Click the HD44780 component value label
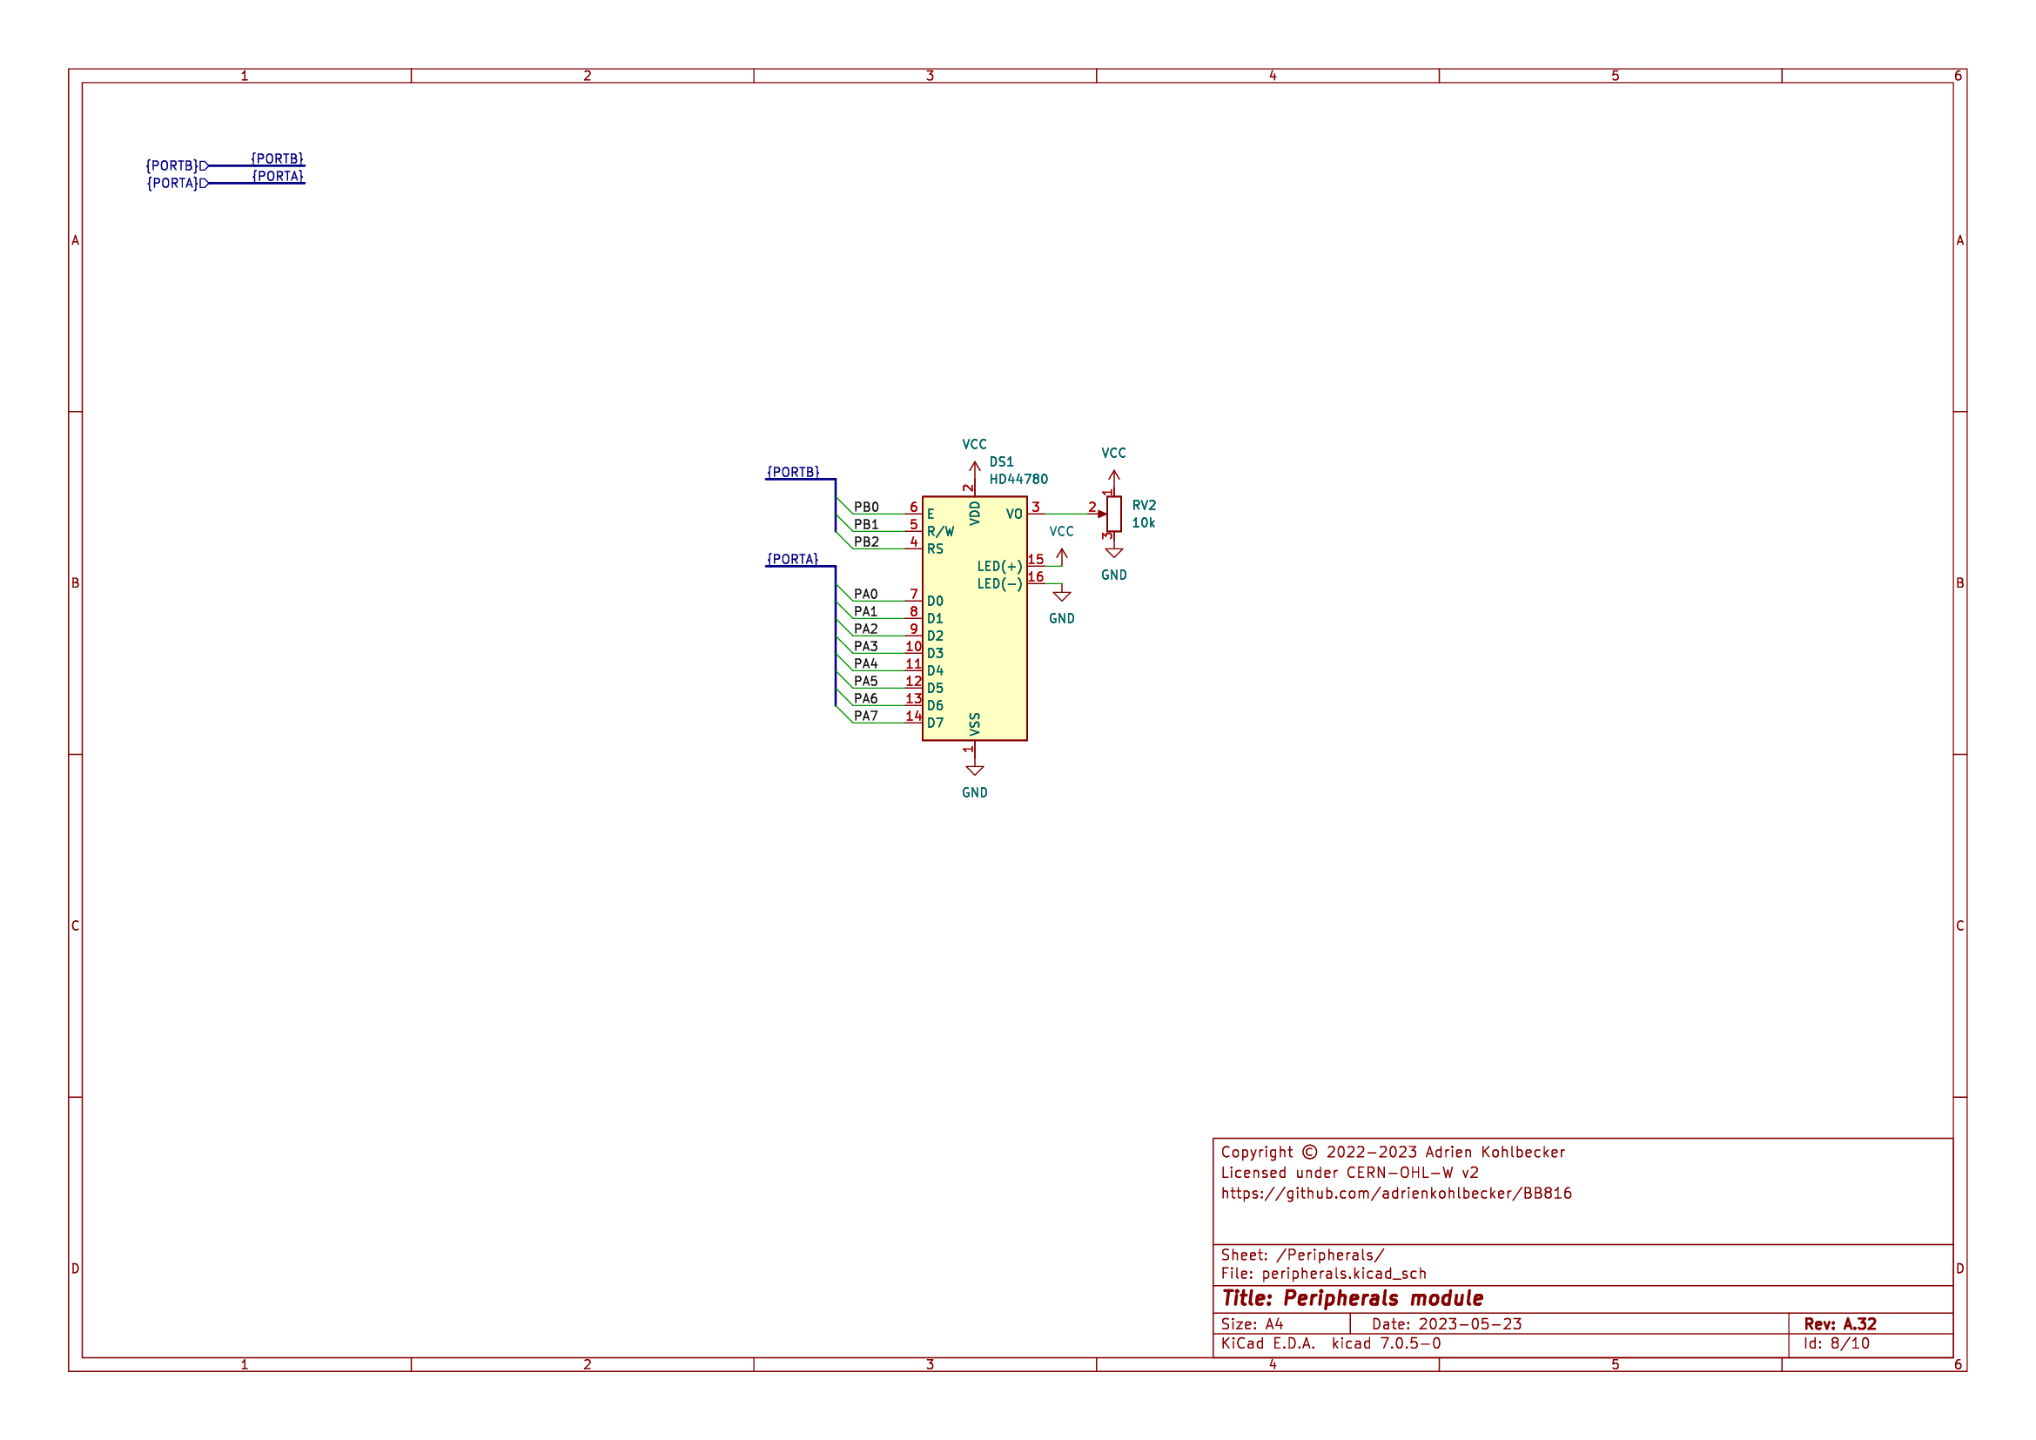[x=1018, y=479]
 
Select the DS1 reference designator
[x=1001, y=462]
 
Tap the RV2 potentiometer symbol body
[x=1114, y=515]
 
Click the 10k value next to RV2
[x=1143, y=523]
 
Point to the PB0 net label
[x=866, y=508]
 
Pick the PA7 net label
[x=865, y=717]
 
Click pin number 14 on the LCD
[x=913, y=717]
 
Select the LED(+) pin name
[x=999, y=567]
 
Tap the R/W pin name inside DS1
[x=940, y=532]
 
